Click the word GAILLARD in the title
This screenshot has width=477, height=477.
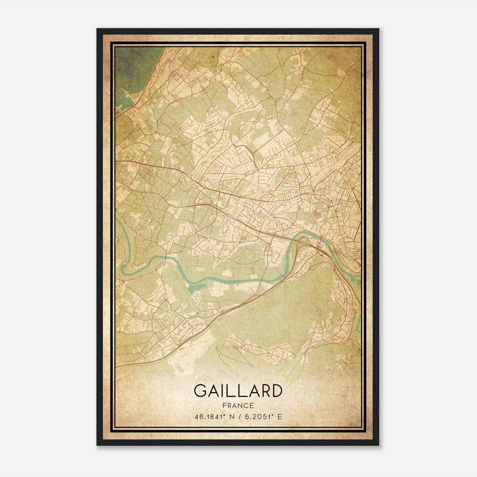tap(238, 391)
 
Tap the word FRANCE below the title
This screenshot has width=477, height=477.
tap(238, 406)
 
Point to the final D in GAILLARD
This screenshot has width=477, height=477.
tap(276, 391)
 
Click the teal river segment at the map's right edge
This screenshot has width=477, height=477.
tap(359, 325)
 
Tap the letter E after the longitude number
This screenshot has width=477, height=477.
tap(279, 417)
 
